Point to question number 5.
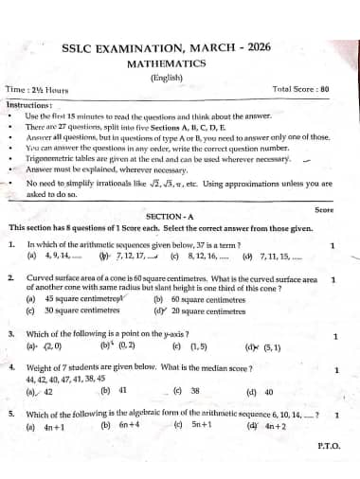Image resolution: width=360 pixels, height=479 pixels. click(x=11, y=415)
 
